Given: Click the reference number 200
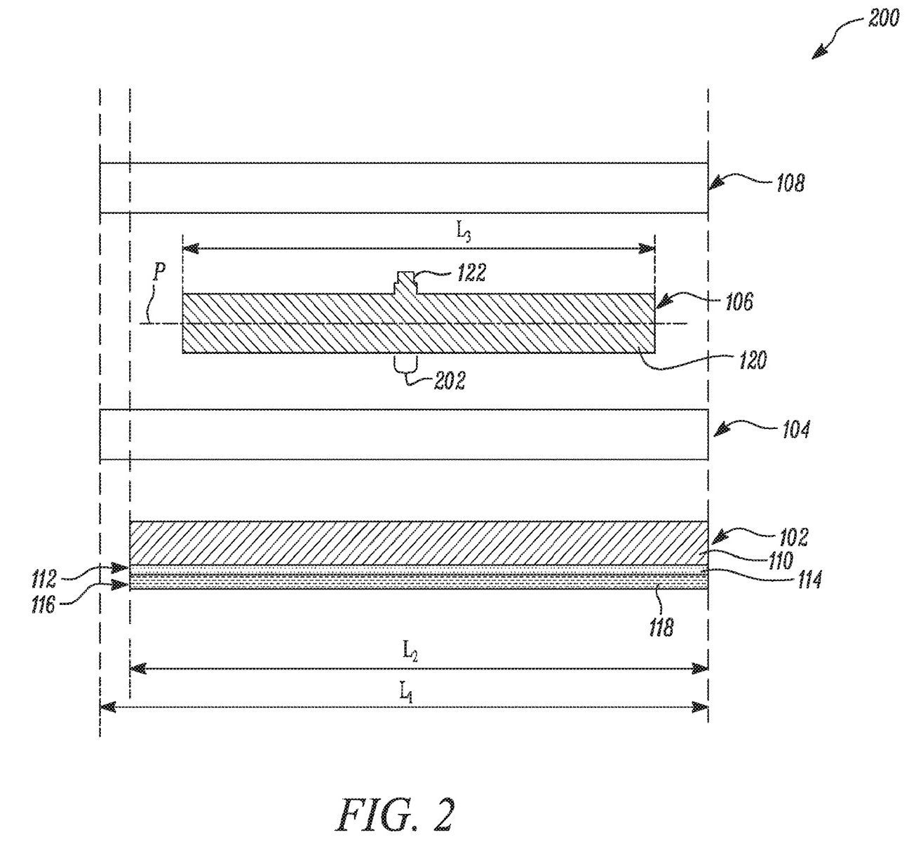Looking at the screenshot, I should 882,19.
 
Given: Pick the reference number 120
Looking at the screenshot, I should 752,360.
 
